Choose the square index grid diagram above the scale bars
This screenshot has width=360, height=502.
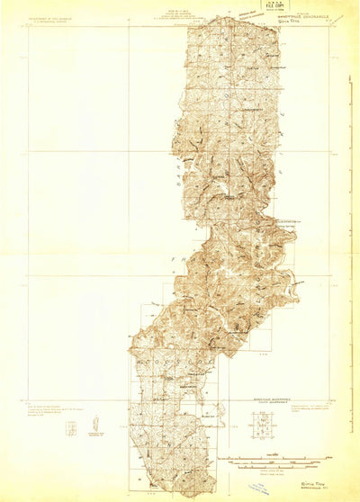pos(263,422)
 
